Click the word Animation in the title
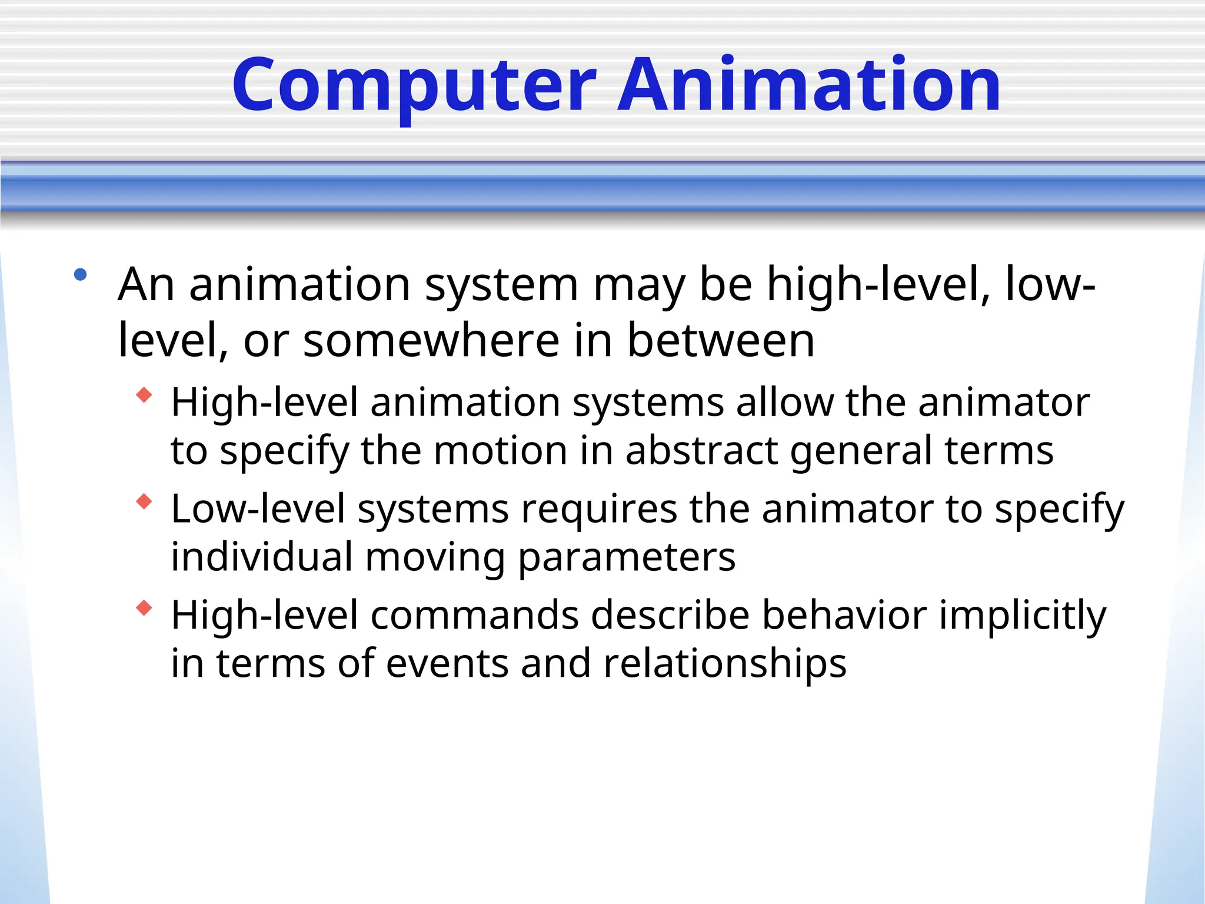click(x=808, y=85)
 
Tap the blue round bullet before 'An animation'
click(x=81, y=274)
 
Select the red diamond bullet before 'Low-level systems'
click(x=144, y=501)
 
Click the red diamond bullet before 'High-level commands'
click(x=144, y=608)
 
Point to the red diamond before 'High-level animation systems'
click(x=144, y=395)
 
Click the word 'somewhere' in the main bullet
click(x=431, y=341)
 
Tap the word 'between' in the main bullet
click(x=721, y=341)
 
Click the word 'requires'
click(x=599, y=509)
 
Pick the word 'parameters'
click(x=627, y=557)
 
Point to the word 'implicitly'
click(x=1023, y=616)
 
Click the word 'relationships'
click(x=725, y=664)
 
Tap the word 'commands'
click(x=475, y=616)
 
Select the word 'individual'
click(x=262, y=557)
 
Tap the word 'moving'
click(x=435, y=557)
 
